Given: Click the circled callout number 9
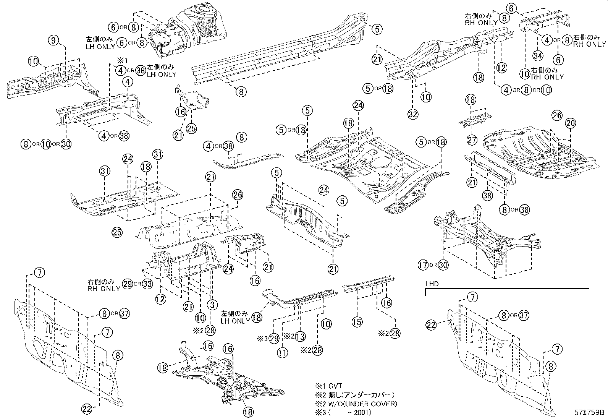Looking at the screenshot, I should click(x=54, y=39).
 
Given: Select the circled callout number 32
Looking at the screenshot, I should click(x=413, y=114).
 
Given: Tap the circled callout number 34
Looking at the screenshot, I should click(x=538, y=56).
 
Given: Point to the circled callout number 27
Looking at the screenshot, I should click(x=472, y=140).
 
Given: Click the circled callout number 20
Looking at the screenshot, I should click(x=570, y=123).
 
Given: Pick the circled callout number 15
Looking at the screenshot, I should click(x=357, y=322).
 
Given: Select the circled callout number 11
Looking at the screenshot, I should click(x=282, y=353).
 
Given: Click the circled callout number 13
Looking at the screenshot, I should click(x=301, y=336).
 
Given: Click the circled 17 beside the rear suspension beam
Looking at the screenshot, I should click(x=423, y=265).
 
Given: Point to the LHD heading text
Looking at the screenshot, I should click(x=432, y=284).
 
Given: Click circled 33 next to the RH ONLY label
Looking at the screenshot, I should click(x=148, y=284).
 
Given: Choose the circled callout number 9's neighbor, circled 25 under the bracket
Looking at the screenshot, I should click(x=191, y=129).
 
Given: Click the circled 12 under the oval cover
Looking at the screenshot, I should click(x=501, y=68).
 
